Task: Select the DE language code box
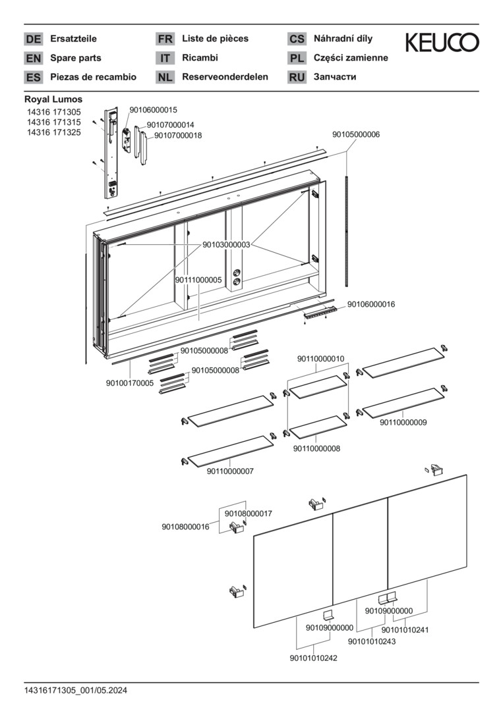(x=33, y=39)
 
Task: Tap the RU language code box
(x=297, y=77)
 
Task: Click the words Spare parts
(x=75, y=58)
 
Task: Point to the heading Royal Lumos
(x=53, y=99)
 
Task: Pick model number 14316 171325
(x=54, y=132)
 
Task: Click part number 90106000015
(x=154, y=110)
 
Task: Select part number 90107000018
(x=179, y=136)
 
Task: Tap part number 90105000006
(x=356, y=135)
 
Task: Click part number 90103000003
(x=227, y=245)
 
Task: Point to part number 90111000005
(x=199, y=280)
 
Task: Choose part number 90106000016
(x=371, y=304)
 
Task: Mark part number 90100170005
(x=130, y=383)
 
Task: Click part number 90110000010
(x=320, y=359)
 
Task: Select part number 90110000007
(x=230, y=471)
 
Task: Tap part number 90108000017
(x=249, y=513)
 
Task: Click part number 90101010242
(x=313, y=658)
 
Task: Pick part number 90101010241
(x=405, y=630)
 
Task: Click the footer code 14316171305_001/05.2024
(x=76, y=691)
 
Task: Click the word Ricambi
(x=200, y=58)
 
